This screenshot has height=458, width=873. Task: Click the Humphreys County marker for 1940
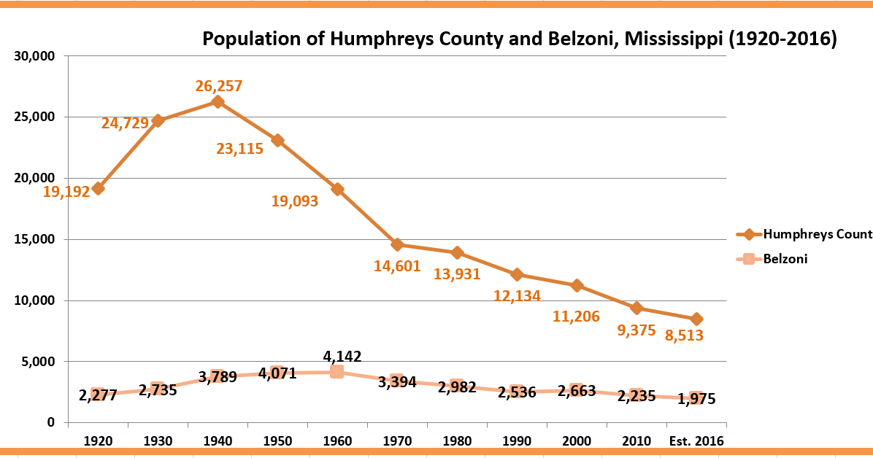218,101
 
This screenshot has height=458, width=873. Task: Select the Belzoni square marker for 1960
336,371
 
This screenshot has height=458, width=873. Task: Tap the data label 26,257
218,86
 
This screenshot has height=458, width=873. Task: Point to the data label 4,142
342,357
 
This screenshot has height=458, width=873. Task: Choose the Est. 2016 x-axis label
696,441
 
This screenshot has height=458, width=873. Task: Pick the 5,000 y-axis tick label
36,362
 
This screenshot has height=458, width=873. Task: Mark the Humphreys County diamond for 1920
98,188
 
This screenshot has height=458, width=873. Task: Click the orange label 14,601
397,266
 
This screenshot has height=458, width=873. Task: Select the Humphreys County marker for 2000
577,285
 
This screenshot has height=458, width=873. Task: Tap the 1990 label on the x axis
517,441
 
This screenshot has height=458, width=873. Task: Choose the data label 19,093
295,201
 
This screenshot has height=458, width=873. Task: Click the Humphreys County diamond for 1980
457,252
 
